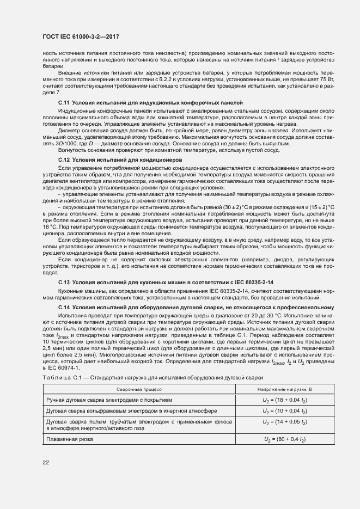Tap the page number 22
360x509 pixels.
(x=46, y=462)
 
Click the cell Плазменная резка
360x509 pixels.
(x=70, y=438)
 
